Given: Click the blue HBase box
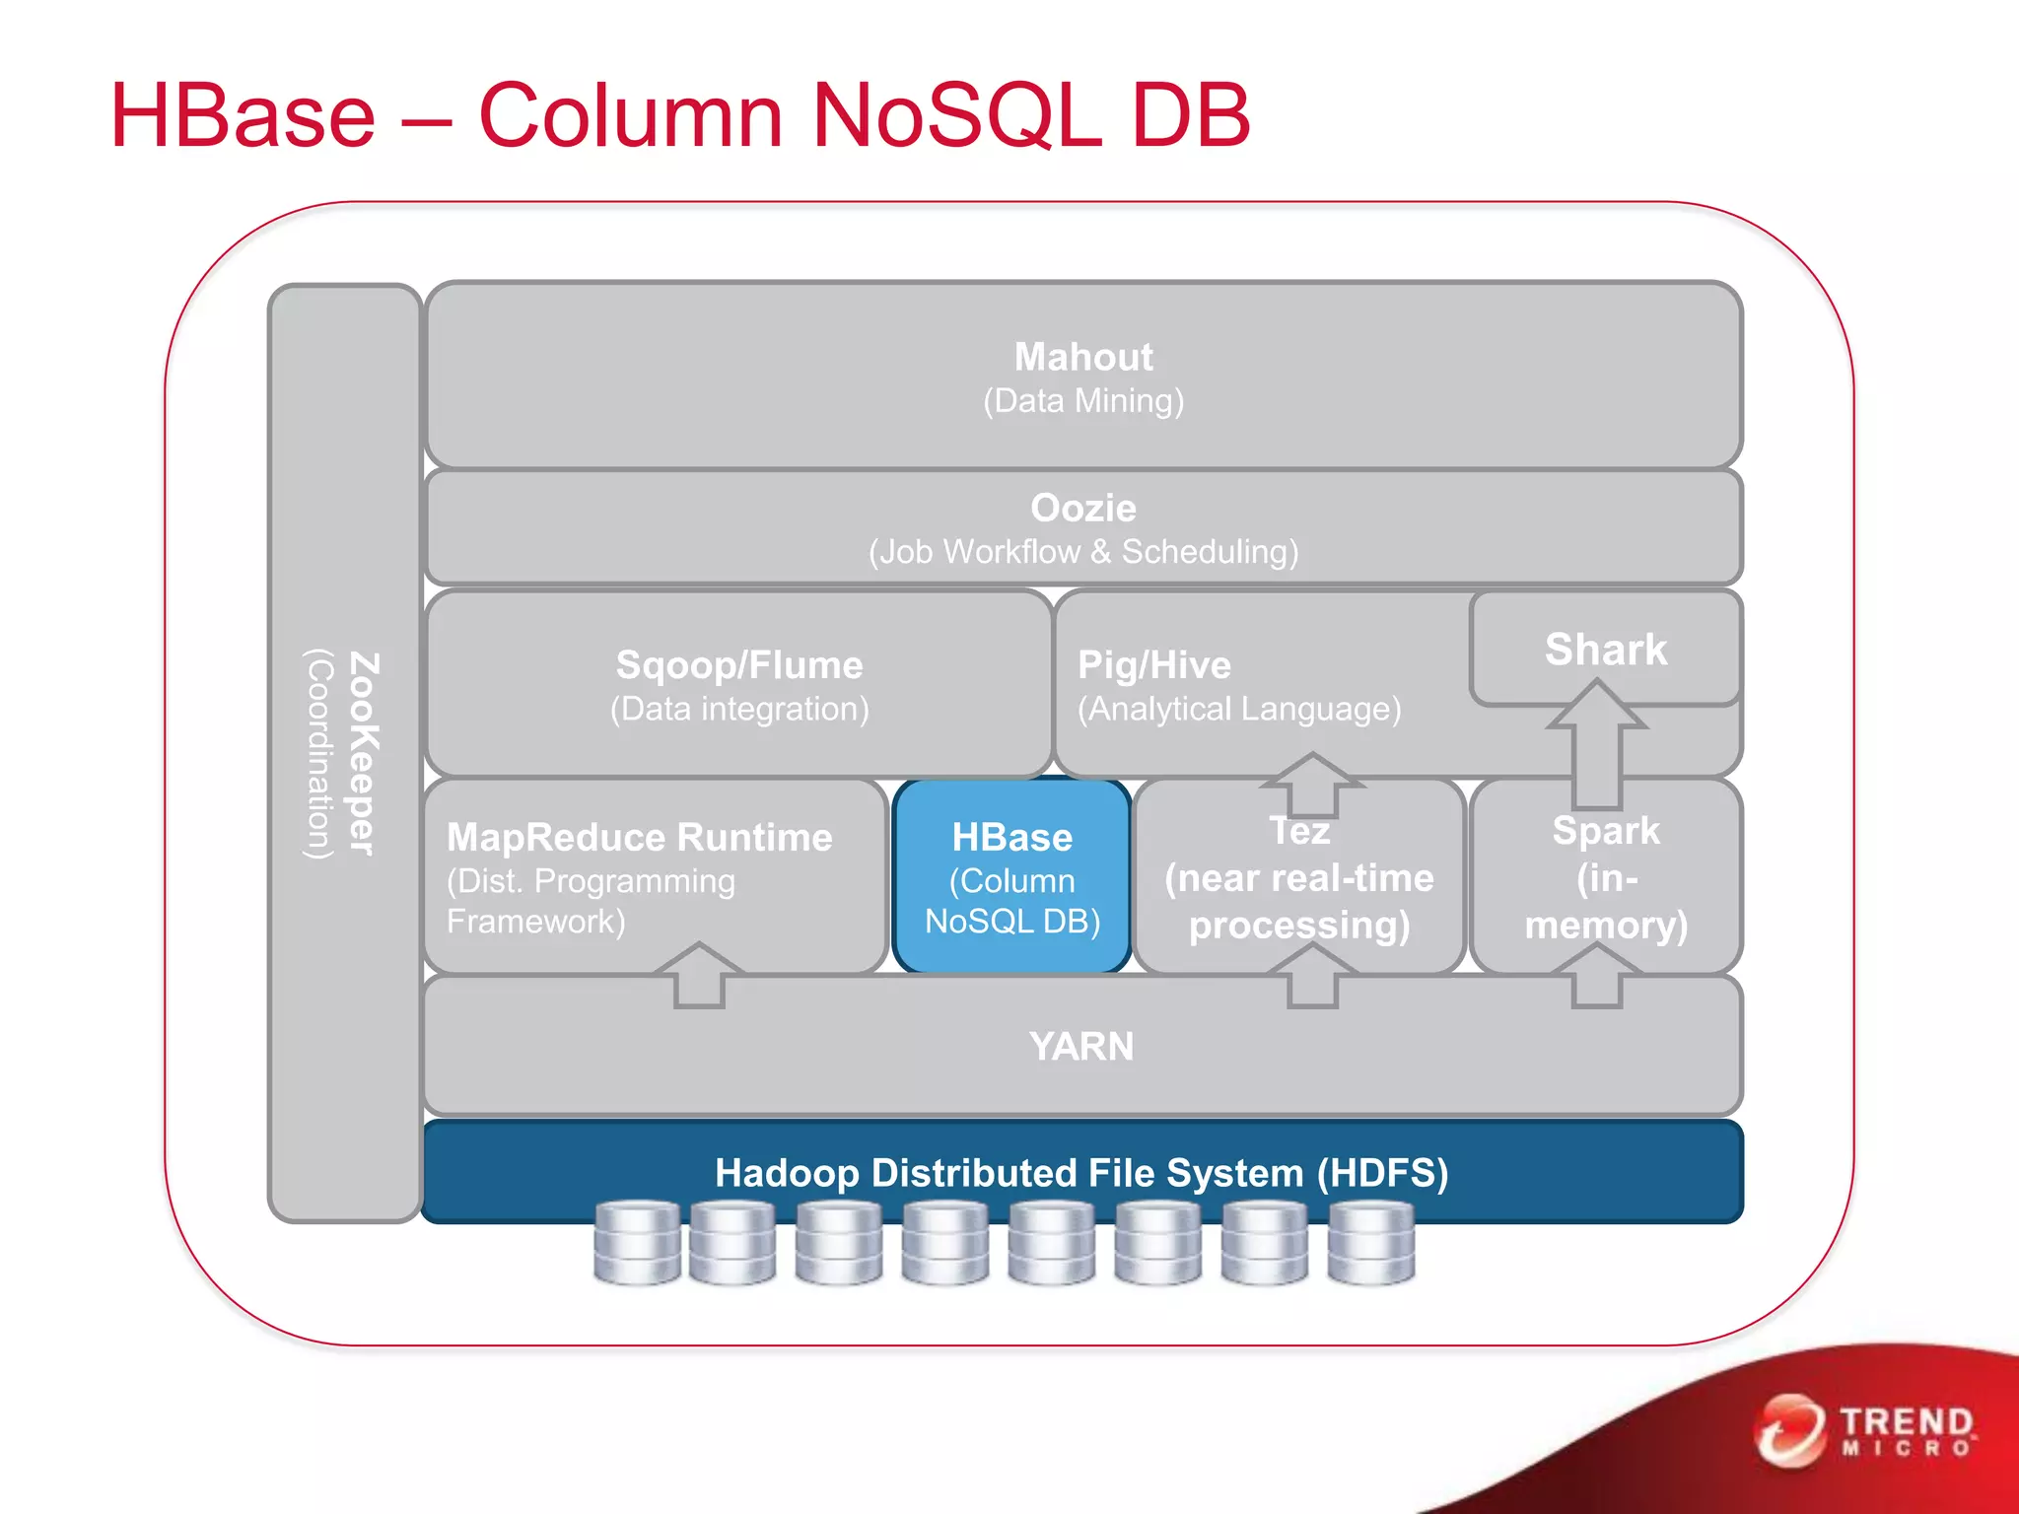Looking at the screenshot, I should pos(1011,876).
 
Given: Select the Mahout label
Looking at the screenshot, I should pos(1082,357).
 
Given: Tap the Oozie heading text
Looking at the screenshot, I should pos(1082,509).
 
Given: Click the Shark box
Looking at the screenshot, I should pos(1605,650).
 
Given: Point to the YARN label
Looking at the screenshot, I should pos(1081,1046).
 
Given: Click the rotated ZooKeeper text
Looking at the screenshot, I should pos(363,754).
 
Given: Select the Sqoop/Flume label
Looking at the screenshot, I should pos(739,665).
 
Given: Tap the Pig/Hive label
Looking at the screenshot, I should pos(1154,665).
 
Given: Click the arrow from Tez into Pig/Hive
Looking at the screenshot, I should pos(1312,785).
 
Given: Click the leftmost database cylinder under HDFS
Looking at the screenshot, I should pos(637,1242).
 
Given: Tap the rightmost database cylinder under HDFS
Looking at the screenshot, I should pos(1370,1242).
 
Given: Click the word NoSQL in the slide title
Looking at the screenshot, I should pos(955,116).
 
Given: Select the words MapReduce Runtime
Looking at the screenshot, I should pos(639,837).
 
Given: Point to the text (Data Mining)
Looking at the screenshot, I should pos(1082,401).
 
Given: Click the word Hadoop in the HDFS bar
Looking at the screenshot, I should pos(787,1173).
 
